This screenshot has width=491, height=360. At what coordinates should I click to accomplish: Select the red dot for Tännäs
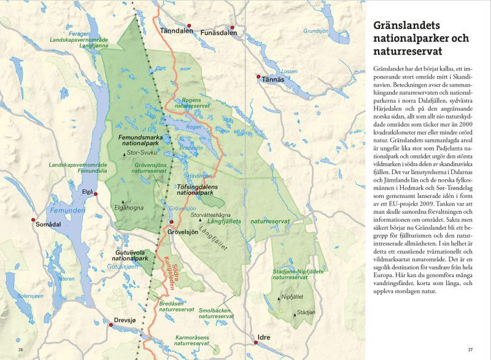tap(258, 77)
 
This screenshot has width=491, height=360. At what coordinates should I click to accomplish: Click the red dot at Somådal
tap(33, 219)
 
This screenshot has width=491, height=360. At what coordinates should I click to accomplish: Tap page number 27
tap(470, 350)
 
